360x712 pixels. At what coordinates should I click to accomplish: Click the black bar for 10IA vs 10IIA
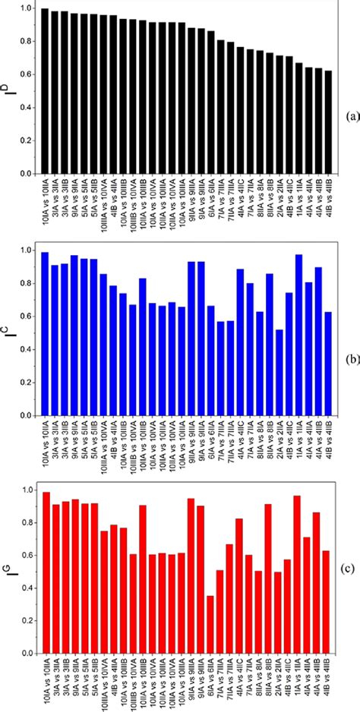pos(45,91)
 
